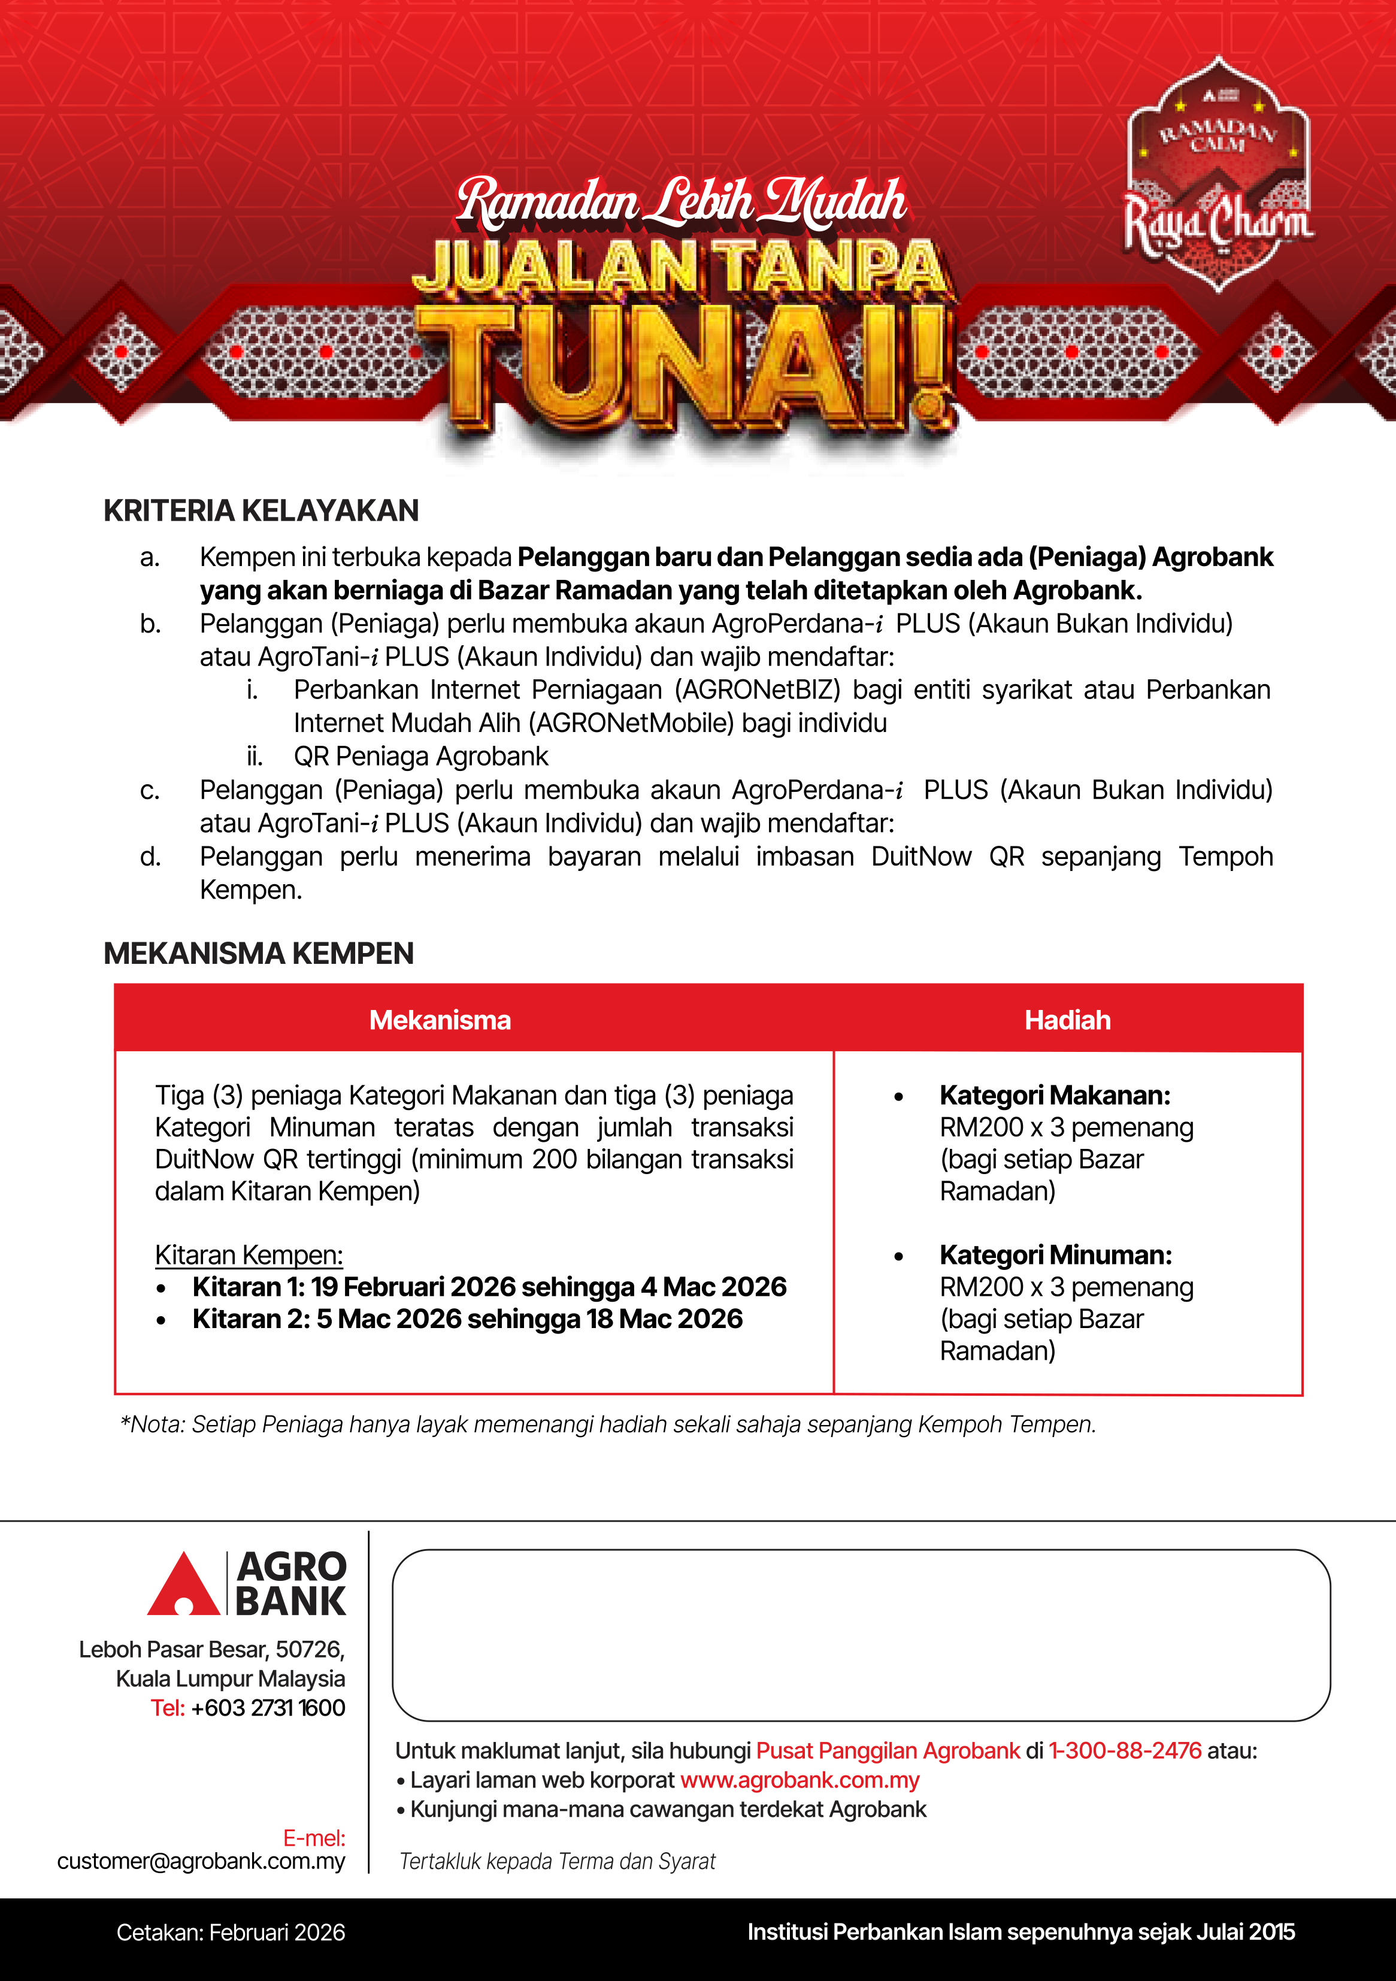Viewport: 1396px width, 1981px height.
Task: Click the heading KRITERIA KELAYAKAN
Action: point(261,511)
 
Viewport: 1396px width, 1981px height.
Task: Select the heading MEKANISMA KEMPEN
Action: point(258,954)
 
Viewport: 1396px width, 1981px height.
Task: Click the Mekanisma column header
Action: point(440,1020)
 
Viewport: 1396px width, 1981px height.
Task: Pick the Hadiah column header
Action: point(1067,1020)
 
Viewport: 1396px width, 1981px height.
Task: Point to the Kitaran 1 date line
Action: point(489,1287)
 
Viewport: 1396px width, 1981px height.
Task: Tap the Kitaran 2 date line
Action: point(467,1319)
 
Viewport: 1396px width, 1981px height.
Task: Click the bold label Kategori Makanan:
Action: point(1054,1095)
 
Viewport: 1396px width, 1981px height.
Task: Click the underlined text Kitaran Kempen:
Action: point(249,1254)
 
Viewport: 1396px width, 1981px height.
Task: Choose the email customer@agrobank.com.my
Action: point(201,1861)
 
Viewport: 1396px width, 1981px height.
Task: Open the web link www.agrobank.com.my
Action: point(799,1780)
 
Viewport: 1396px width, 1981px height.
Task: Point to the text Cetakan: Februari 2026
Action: point(231,1932)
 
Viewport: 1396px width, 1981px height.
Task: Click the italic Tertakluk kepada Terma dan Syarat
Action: point(558,1862)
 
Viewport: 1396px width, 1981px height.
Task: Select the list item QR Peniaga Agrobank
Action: point(420,757)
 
